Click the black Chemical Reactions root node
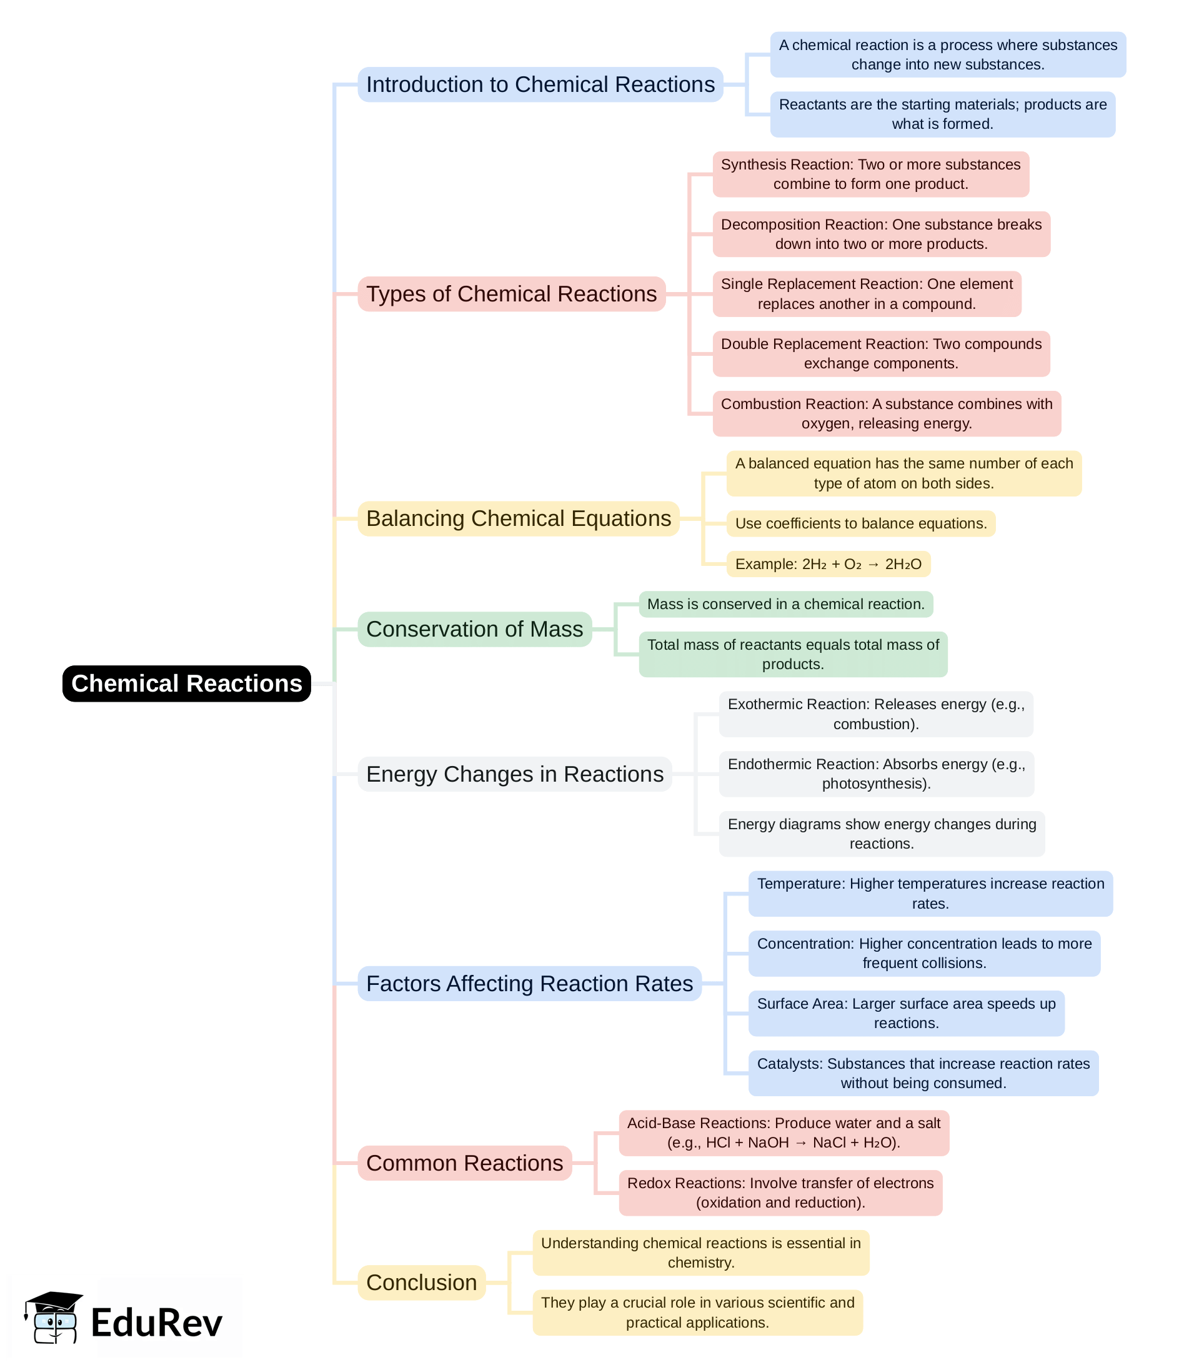tap(186, 683)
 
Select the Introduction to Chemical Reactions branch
tap(540, 84)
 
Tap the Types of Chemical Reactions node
tap(511, 293)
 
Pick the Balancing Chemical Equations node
tap(518, 518)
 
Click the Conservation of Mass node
tap(474, 628)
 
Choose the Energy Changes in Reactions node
tap(514, 774)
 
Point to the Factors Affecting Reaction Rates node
tap(529, 983)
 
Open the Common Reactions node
tap(464, 1163)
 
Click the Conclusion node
tap(421, 1282)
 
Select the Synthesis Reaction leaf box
tap(870, 174)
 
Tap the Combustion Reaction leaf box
tap(887, 413)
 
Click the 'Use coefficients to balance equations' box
tap(860, 523)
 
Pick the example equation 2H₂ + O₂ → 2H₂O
tap(828, 563)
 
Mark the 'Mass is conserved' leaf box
tap(785, 604)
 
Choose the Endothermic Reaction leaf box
tap(876, 774)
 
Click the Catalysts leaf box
tap(923, 1073)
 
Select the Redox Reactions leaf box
tap(780, 1193)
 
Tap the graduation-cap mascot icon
tap(54, 1318)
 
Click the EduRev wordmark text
tap(157, 1322)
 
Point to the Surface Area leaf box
tap(907, 1013)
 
